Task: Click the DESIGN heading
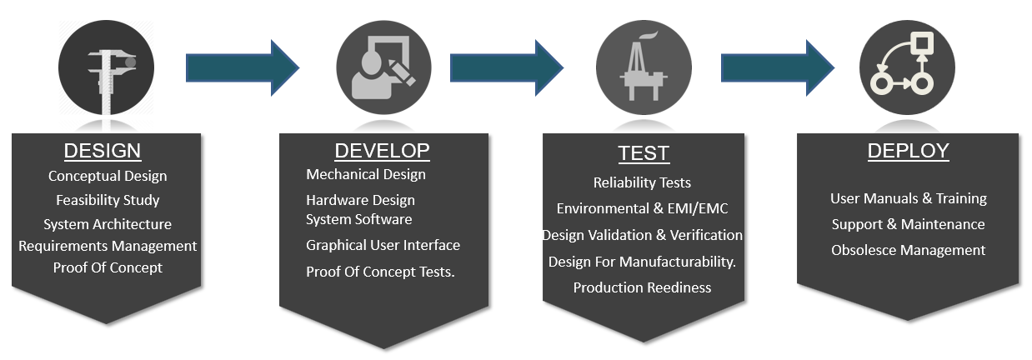(x=103, y=151)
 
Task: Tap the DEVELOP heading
(x=382, y=151)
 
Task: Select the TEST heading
(x=644, y=153)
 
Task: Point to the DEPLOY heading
(x=908, y=151)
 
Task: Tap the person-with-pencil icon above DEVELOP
(x=383, y=67)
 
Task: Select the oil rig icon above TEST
(x=644, y=67)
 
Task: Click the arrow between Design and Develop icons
(x=243, y=67)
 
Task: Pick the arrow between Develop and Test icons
(x=507, y=67)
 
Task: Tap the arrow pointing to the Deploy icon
(x=778, y=67)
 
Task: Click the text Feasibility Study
(x=108, y=200)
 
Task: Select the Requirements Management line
(x=108, y=247)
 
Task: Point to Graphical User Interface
(x=383, y=245)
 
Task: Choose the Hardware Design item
(x=360, y=200)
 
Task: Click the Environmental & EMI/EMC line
(x=642, y=208)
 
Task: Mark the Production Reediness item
(x=642, y=287)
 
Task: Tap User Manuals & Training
(x=909, y=198)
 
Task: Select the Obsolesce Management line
(x=909, y=250)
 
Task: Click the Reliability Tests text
(x=642, y=182)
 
